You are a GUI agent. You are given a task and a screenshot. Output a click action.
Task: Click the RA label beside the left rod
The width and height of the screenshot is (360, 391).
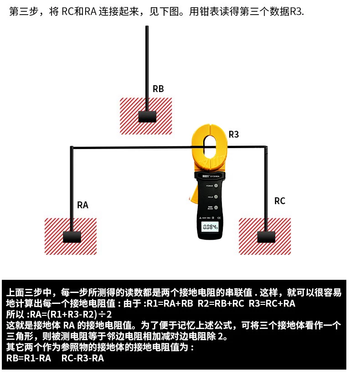pos(82,205)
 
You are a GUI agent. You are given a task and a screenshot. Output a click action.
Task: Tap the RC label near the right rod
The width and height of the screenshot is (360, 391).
pos(279,201)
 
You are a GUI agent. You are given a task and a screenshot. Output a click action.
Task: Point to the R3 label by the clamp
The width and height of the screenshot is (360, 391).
pos(234,134)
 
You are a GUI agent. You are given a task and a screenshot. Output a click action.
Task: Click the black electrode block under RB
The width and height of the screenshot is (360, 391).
pos(147,117)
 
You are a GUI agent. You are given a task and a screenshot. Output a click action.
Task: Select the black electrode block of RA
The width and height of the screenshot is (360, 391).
pos(72,237)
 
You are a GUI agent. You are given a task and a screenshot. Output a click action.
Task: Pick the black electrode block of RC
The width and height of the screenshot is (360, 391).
pos(266,237)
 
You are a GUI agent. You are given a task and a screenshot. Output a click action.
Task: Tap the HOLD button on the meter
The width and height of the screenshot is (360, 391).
pos(216,197)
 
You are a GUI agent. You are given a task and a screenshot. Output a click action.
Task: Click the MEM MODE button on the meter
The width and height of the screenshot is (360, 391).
pos(216,208)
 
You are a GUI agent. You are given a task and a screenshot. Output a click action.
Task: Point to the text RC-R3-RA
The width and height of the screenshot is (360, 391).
pos(82,359)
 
